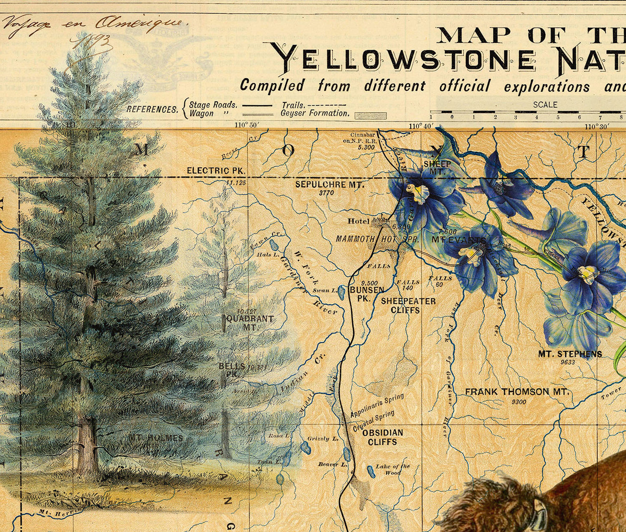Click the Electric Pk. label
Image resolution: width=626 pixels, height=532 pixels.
(x=216, y=171)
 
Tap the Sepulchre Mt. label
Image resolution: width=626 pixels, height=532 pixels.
(x=330, y=185)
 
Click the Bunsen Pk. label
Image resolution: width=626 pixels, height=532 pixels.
(x=361, y=294)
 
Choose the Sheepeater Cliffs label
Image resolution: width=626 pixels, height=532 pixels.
(x=408, y=305)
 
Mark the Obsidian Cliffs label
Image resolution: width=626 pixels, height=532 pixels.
(x=382, y=437)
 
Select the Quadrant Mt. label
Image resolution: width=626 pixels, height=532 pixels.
(x=250, y=323)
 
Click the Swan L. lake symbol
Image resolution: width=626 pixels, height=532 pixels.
(x=342, y=292)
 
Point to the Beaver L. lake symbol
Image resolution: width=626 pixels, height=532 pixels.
(x=347, y=454)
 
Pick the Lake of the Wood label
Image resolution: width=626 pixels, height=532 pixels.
(x=392, y=469)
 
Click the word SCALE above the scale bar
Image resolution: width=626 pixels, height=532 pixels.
(x=545, y=104)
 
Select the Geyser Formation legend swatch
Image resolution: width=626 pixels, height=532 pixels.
(x=365, y=116)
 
